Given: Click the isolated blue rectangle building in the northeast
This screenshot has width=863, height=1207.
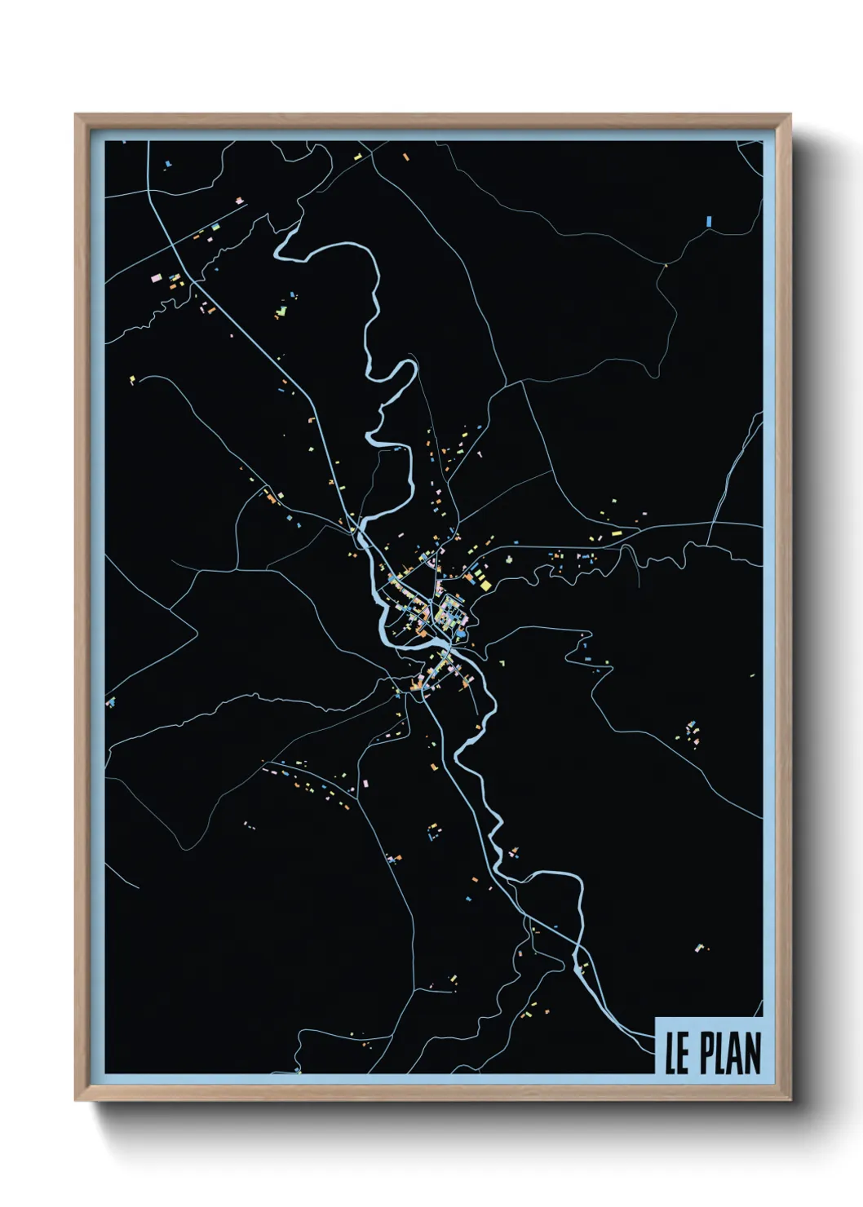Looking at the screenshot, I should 708,220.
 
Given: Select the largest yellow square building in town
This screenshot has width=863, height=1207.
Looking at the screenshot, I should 485,583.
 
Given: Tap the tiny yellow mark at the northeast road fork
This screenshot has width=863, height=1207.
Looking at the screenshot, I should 666,264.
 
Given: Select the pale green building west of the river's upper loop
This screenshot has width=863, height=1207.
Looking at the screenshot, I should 281,311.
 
